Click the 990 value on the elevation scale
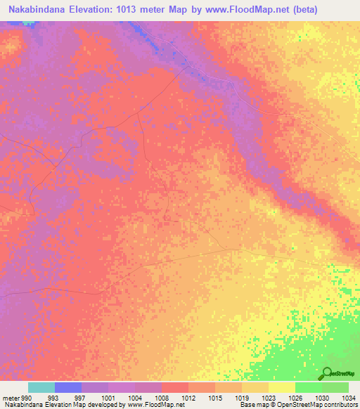pos(27,397)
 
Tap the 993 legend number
pos(53,397)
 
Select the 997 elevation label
pos(80,397)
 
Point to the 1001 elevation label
pos(108,397)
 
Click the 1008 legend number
pos(161,397)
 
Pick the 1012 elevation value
pos(188,397)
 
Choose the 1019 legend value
pos(241,397)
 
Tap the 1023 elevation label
pos(268,397)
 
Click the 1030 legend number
pos(321,397)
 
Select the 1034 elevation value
pos(348,397)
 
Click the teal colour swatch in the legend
pos(41,387)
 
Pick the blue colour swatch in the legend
pos(68,387)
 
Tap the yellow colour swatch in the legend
pos(282,387)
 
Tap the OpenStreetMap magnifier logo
pos(328,372)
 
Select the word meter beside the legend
pos(11,397)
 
